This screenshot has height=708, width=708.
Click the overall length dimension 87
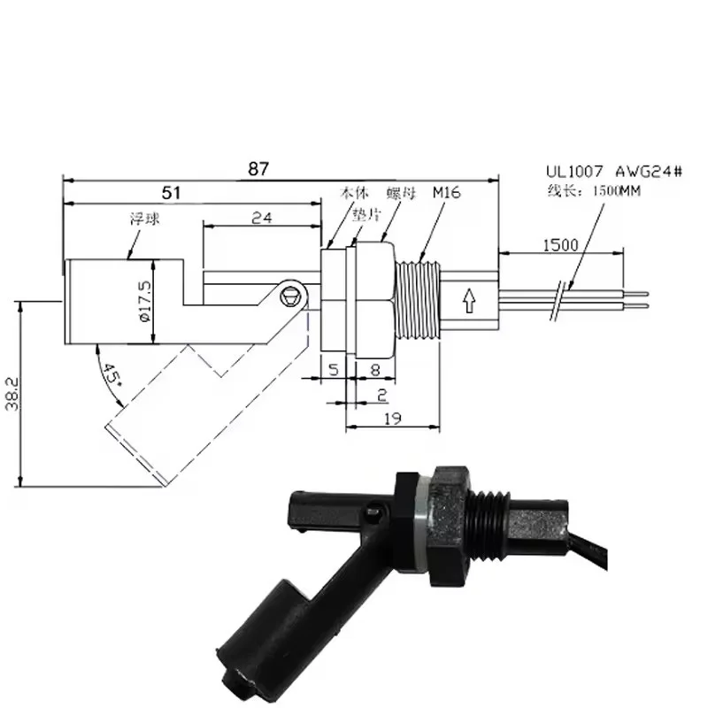[x=258, y=168]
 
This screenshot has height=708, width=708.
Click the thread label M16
[x=447, y=192]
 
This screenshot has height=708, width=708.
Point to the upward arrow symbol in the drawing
[x=468, y=303]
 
